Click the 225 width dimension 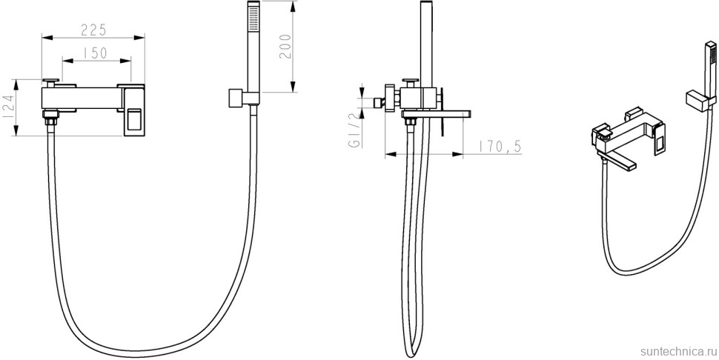coord(93,30)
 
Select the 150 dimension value coord(96,53)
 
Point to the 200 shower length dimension coord(285,46)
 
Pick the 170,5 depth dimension coord(500,146)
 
